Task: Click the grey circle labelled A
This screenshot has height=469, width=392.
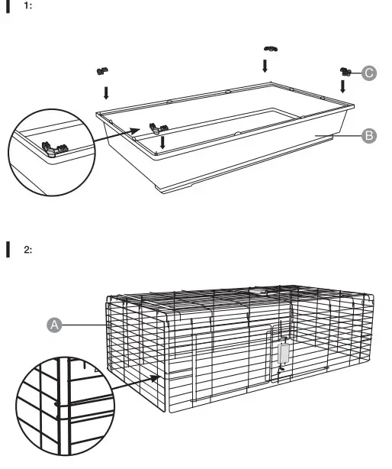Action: tap(54, 325)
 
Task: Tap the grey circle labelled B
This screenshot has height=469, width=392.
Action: tap(369, 136)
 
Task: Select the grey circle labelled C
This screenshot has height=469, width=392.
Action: tap(369, 73)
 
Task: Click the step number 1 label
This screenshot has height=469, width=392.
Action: tap(27, 5)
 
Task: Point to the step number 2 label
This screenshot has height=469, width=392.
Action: tap(27, 250)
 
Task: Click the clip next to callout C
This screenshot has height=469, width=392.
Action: tap(345, 72)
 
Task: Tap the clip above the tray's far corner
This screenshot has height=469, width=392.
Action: tap(271, 49)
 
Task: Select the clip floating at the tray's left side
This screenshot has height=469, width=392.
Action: tap(102, 71)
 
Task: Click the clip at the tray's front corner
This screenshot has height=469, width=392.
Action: tap(159, 128)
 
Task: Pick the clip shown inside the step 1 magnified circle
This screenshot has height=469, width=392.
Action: tap(55, 149)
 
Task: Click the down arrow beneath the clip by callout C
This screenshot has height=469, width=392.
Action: tap(342, 86)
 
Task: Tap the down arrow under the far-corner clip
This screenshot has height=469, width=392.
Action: tap(265, 66)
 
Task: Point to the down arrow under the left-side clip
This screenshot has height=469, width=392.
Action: tap(106, 92)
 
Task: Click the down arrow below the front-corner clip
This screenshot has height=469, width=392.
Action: tap(162, 142)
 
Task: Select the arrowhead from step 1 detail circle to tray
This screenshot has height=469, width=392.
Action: tap(135, 131)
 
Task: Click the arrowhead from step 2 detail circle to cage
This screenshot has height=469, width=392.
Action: tap(155, 379)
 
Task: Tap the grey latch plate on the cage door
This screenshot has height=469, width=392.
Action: tap(284, 354)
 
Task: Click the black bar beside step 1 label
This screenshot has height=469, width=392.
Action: tap(8, 6)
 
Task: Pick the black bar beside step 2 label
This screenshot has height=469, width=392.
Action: tap(8, 250)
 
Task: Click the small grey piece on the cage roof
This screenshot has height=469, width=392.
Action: tap(255, 290)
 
